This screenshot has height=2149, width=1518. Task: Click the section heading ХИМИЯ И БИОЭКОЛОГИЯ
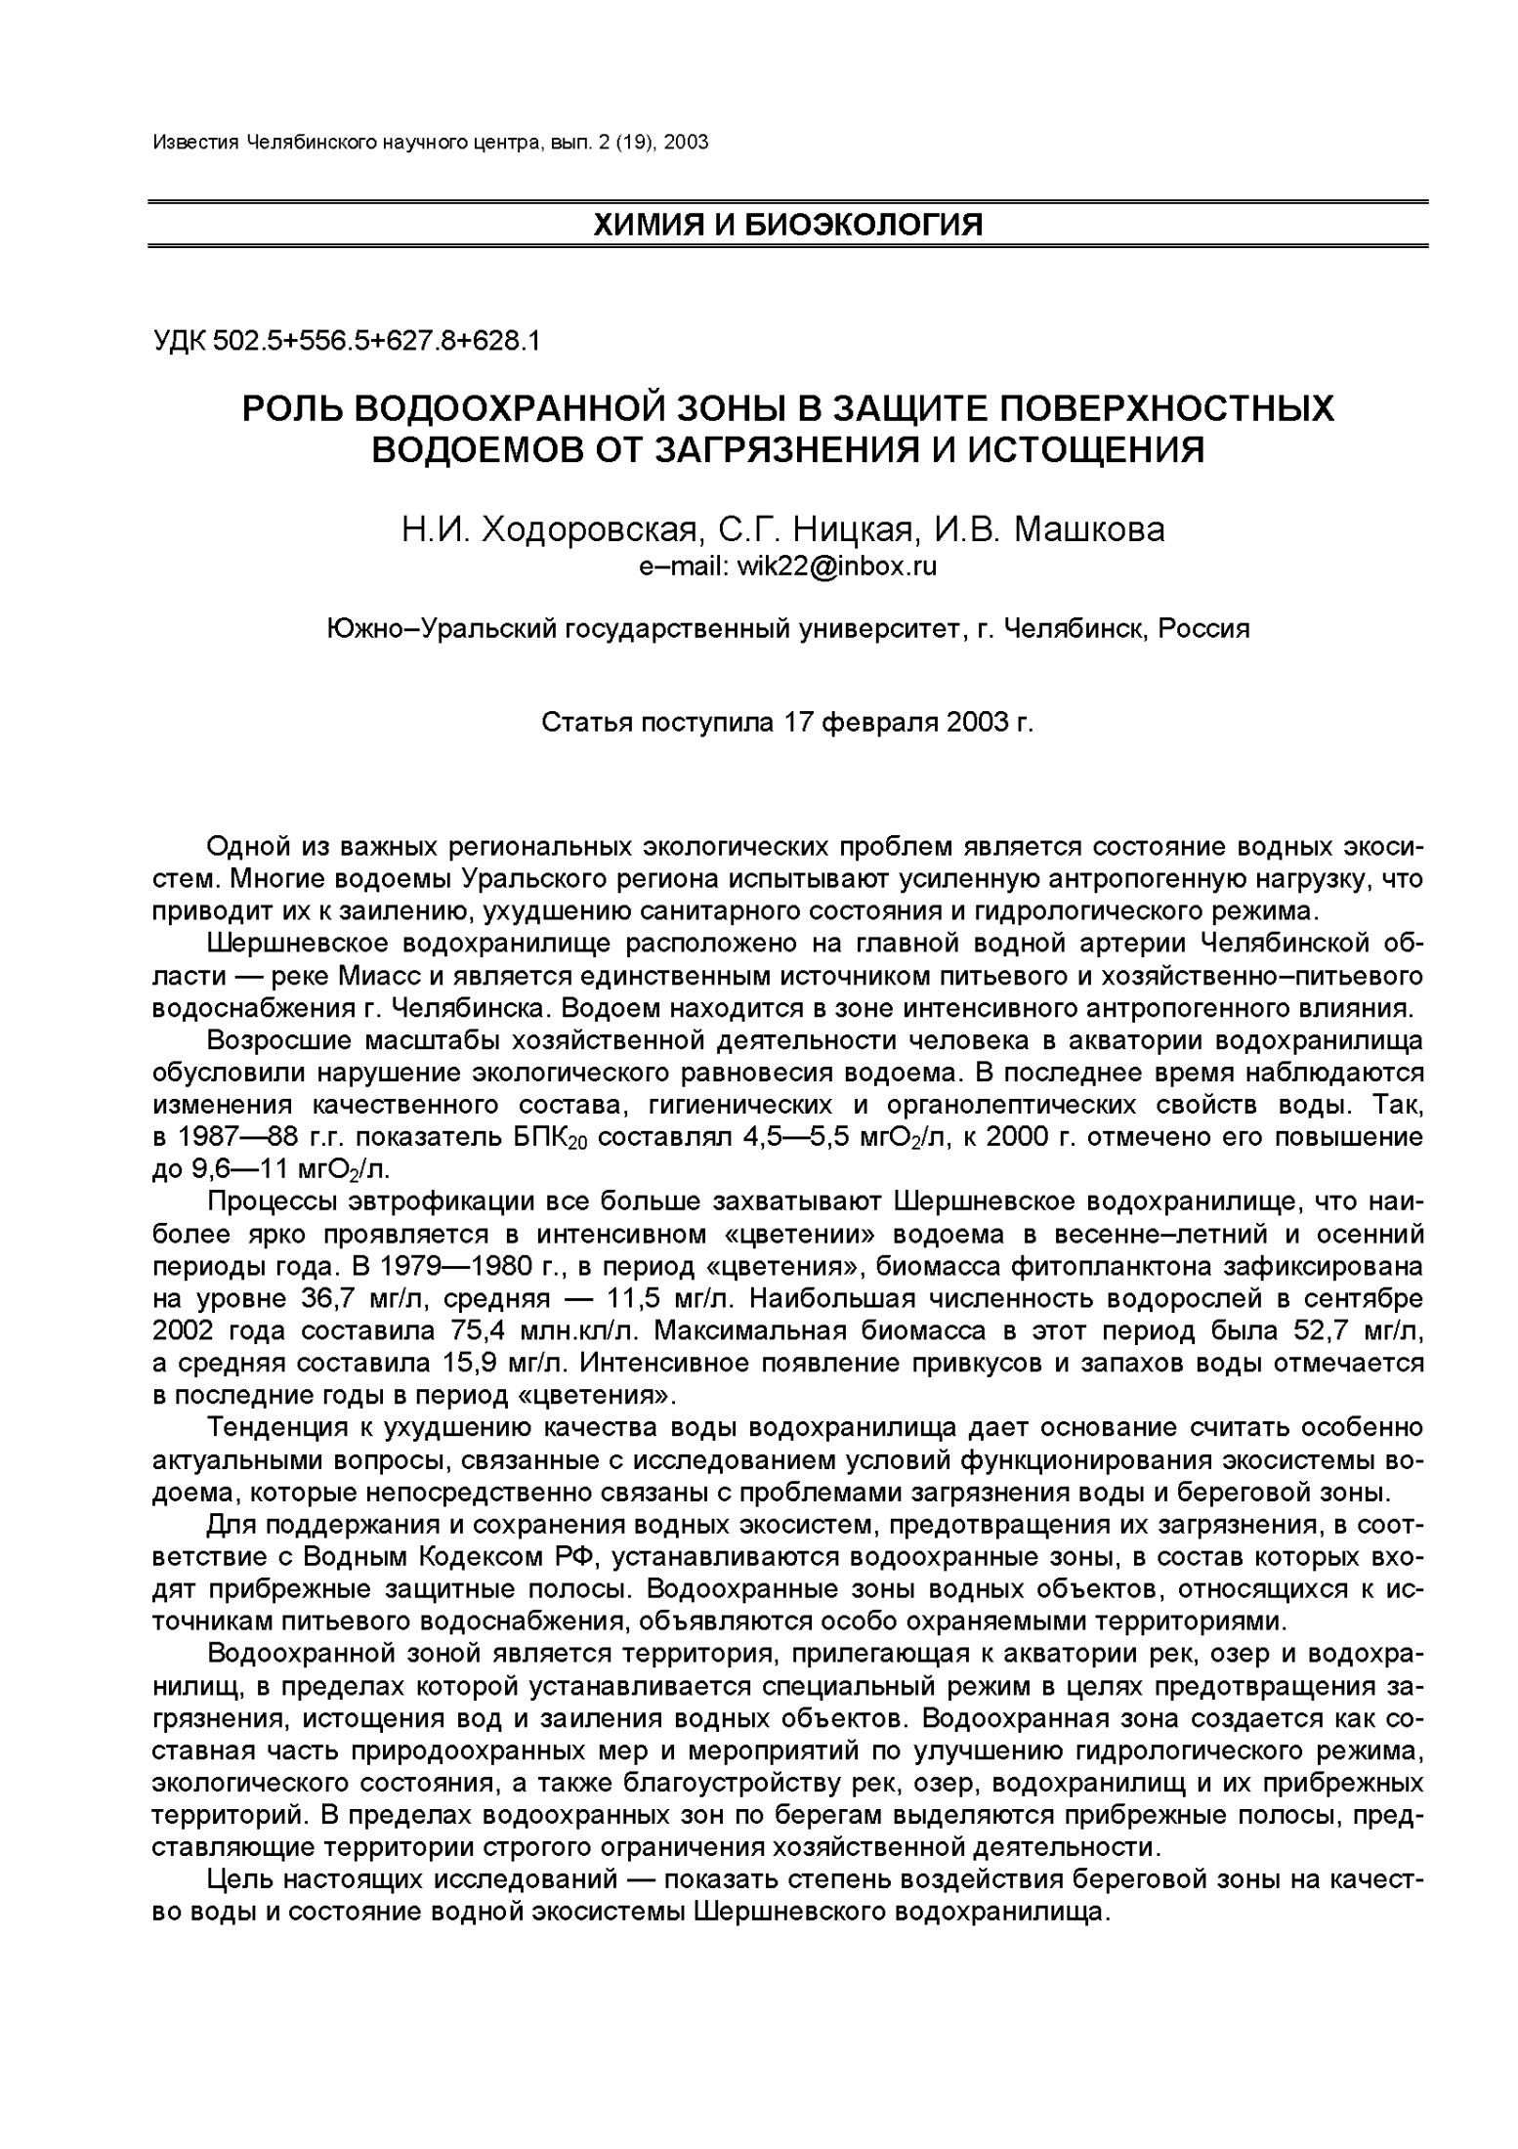[787, 225]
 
